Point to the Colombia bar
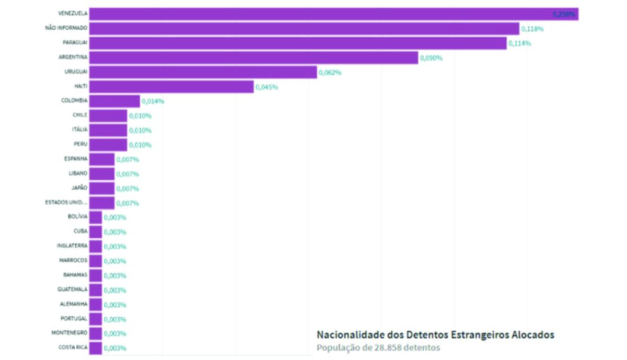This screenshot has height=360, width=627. (114, 101)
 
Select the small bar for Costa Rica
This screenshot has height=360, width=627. (96, 348)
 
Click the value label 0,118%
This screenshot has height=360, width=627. (532, 29)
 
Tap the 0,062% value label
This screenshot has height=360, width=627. (330, 73)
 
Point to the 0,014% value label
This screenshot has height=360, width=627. (153, 101)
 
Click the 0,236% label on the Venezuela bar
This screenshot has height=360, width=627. (564, 14)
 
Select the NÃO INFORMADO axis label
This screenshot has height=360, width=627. (66, 28)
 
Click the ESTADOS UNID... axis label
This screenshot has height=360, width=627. (66, 202)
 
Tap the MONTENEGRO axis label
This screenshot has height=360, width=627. (69, 332)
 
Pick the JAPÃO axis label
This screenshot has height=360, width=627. (79, 188)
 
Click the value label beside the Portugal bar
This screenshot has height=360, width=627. (115, 319)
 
